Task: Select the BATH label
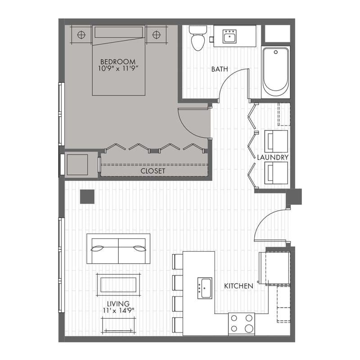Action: tap(220, 69)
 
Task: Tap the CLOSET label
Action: tap(153, 171)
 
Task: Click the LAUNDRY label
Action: tap(273, 157)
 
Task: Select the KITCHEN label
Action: tap(238, 286)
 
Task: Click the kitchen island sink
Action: tap(205, 287)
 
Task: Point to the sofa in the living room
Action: tap(119, 248)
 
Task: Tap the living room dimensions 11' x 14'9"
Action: tap(118, 310)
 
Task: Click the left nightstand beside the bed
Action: tap(81, 35)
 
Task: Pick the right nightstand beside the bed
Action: tap(156, 35)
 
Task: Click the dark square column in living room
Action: tap(87, 197)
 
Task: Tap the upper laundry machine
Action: tap(275, 141)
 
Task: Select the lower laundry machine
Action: tap(275, 173)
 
